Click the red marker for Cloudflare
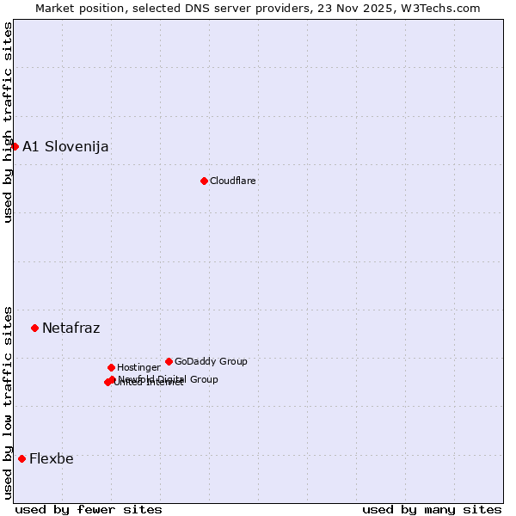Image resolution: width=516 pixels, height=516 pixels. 204,181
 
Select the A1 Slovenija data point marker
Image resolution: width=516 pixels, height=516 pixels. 15,146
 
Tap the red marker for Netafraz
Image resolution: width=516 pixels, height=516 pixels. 34,328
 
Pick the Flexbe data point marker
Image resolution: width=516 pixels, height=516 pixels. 21,458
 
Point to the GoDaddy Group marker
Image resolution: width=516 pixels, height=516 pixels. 169,361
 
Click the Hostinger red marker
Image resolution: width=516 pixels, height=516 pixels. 111,367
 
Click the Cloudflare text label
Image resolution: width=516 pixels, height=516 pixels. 233,181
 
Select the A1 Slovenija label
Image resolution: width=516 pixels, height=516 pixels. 65,146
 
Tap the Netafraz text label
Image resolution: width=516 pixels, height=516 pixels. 71,328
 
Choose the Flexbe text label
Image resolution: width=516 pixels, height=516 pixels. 52,458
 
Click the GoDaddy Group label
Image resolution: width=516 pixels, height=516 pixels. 211,361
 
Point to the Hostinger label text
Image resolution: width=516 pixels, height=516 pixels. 138,367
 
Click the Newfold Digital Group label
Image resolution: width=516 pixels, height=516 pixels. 169,379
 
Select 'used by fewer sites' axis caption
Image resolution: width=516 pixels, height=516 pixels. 89,509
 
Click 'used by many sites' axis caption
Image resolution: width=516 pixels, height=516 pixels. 432,509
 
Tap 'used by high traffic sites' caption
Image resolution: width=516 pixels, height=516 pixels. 8,122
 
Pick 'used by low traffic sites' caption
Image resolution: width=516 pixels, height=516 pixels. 8,402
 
